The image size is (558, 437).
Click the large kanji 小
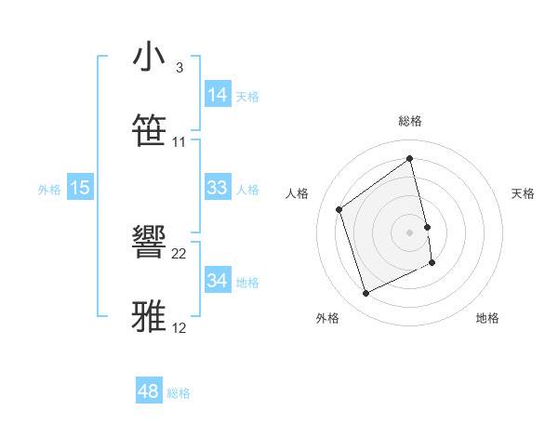pos(150,58)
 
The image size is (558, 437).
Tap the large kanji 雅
pos(150,317)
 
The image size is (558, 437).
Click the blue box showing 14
pos(218,95)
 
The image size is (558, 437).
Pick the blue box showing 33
pos(218,188)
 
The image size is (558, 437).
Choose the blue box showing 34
pos(218,281)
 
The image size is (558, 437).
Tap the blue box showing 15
pos(80,188)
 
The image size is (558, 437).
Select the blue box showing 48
pos(149,391)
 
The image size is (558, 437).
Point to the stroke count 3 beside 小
pos(179,68)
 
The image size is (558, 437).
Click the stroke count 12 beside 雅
pos(179,327)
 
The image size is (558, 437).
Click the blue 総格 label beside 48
pos(179,393)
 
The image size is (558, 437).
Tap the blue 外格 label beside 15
pos(49,190)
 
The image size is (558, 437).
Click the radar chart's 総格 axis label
pos(410,121)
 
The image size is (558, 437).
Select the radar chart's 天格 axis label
pos(524,193)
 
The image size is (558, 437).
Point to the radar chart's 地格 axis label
pos(487,318)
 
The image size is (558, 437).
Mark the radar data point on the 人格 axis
pos(339,209)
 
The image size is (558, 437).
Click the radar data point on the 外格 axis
pos(365,294)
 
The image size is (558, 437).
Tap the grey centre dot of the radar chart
pos(410,232)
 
